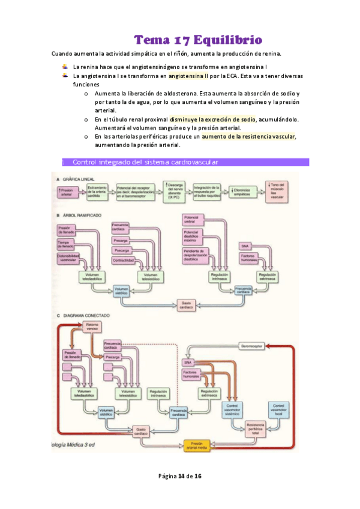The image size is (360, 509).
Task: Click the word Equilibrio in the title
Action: click(227, 40)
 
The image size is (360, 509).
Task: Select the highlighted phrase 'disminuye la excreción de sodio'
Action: click(212, 119)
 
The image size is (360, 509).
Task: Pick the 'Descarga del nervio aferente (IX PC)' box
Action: click(176, 190)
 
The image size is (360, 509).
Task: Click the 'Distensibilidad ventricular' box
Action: click(68, 258)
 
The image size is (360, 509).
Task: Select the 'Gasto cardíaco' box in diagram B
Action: click(187, 306)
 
